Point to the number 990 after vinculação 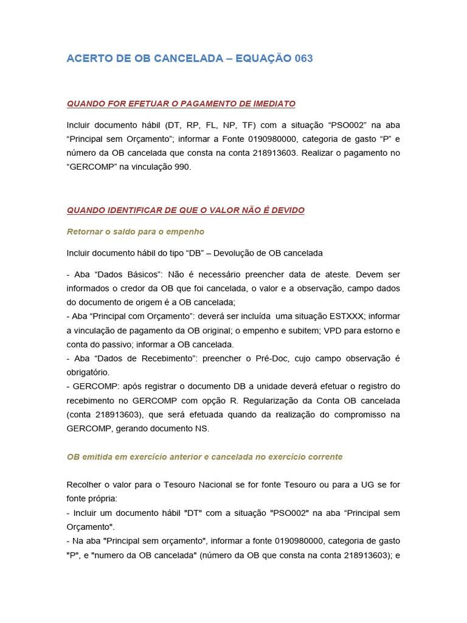pos(182,167)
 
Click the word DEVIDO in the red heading pos(286,210)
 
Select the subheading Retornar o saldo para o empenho pos(135,231)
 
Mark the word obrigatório pos(88,372)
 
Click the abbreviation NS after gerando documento pos(202,428)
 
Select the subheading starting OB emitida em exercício pos(204,456)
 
